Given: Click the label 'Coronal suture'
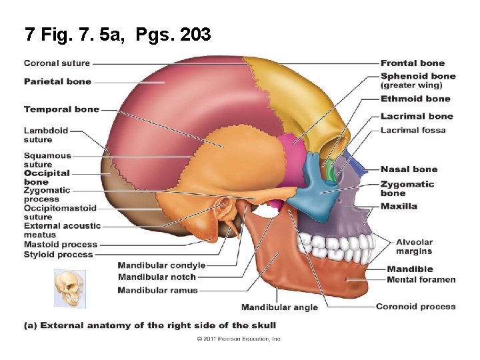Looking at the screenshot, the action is coord(57,63).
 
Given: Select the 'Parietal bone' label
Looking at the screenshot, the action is coord(57,81).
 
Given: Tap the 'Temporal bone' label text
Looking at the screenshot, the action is coord(61,109).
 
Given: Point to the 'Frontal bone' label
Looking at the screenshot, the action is coord(413,63).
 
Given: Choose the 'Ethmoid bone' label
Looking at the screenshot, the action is coord(415,99).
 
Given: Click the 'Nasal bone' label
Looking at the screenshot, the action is coord(409,169).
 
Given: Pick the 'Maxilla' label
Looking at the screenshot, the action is coord(399,206).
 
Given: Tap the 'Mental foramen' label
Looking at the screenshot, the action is coord(421,279).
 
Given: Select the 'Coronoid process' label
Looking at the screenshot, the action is coord(415,307).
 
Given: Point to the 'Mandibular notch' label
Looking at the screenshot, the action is coord(157,277).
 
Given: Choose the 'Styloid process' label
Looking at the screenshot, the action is coord(59,254).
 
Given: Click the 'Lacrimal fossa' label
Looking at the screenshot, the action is coord(413,130).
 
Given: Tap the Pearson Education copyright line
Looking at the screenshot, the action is coord(239,339).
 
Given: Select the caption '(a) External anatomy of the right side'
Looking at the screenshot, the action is coord(150,325).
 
